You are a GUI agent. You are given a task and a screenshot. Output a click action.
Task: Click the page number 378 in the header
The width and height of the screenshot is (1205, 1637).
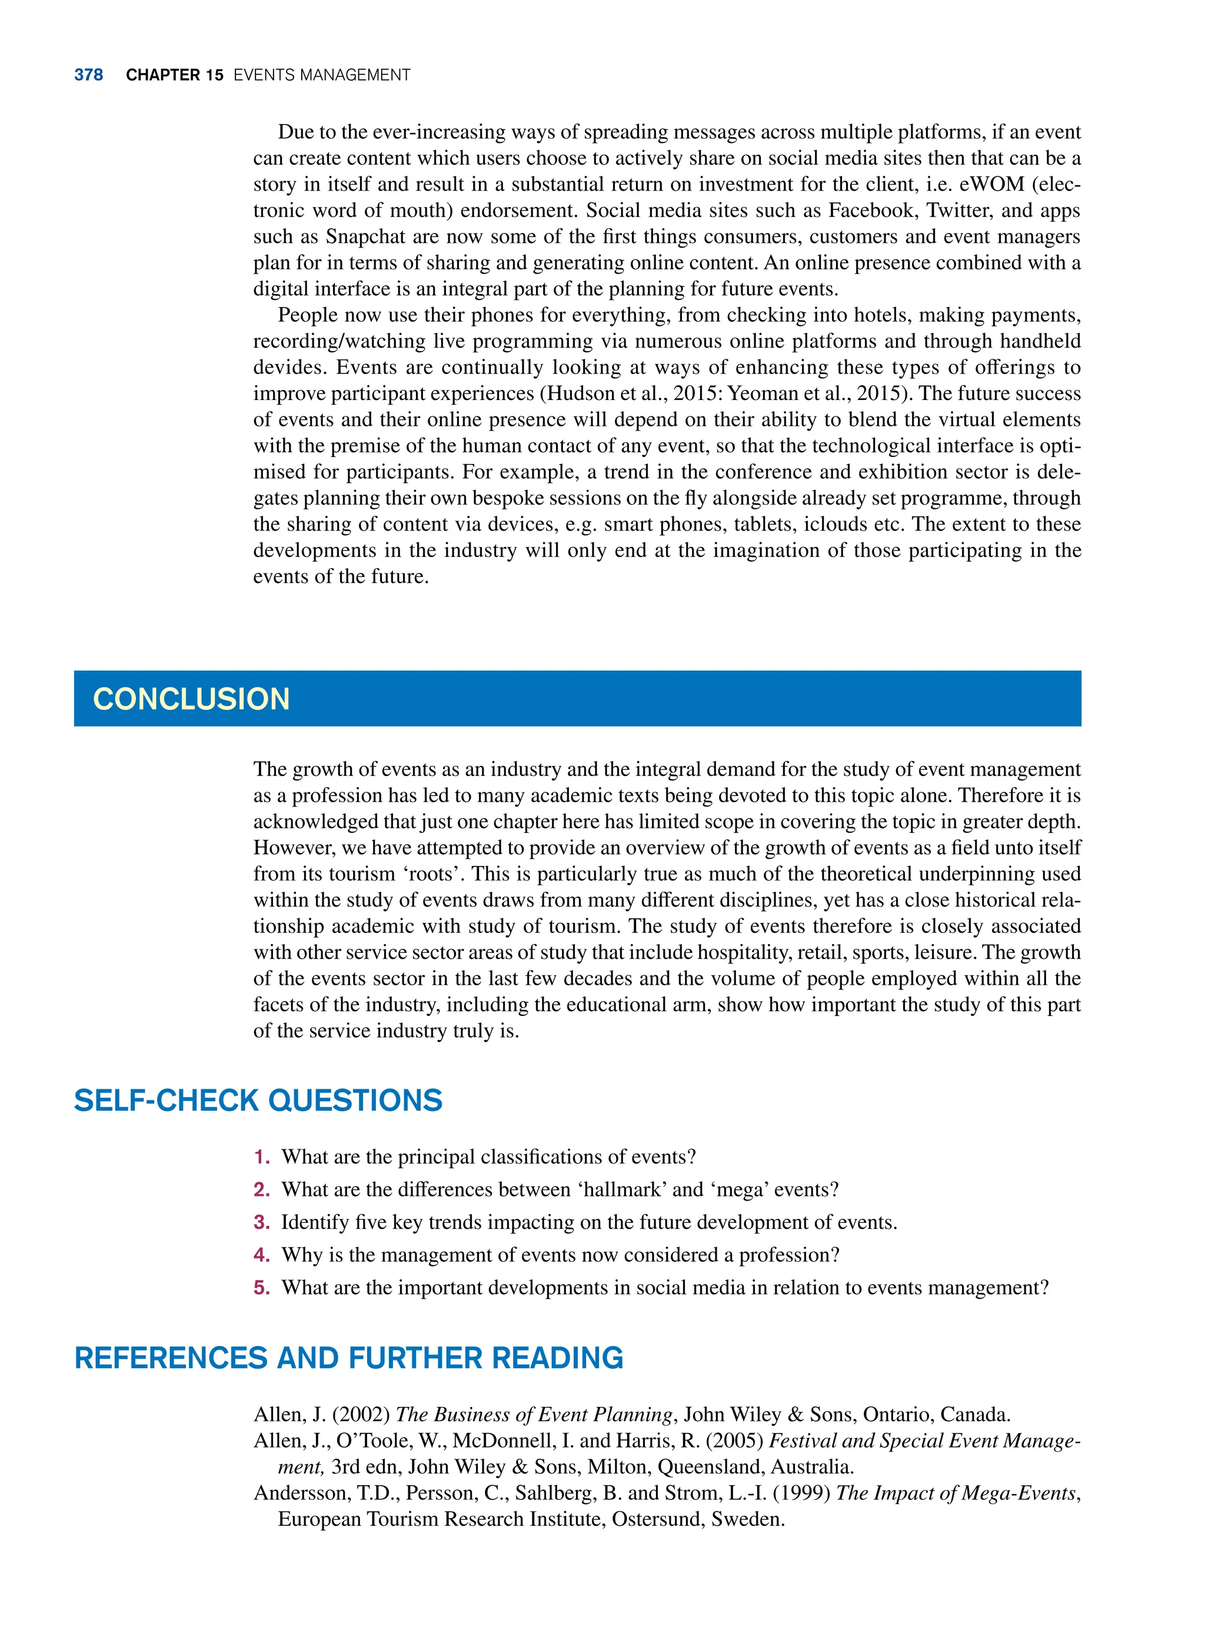click(x=88, y=75)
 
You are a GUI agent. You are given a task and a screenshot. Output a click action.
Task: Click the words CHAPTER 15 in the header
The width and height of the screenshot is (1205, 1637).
click(x=174, y=75)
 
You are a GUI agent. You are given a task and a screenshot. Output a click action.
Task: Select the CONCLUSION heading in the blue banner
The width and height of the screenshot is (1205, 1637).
click(x=191, y=699)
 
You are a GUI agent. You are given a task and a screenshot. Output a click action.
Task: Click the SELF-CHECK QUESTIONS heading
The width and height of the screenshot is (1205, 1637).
click(x=258, y=1101)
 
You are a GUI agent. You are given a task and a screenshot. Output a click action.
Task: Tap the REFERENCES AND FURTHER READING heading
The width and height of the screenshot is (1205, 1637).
click(x=349, y=1358)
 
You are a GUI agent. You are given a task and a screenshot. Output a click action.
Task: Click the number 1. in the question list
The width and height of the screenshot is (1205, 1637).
click(x=262, y=1157)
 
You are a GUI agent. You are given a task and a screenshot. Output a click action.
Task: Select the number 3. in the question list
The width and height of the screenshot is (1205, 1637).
click(x=262, y=1222)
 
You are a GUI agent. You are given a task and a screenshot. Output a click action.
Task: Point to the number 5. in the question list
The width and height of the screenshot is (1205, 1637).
click(x=262, y=1288)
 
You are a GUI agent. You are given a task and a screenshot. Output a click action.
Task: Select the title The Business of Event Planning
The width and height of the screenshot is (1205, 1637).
click(x=534, y=1415)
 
